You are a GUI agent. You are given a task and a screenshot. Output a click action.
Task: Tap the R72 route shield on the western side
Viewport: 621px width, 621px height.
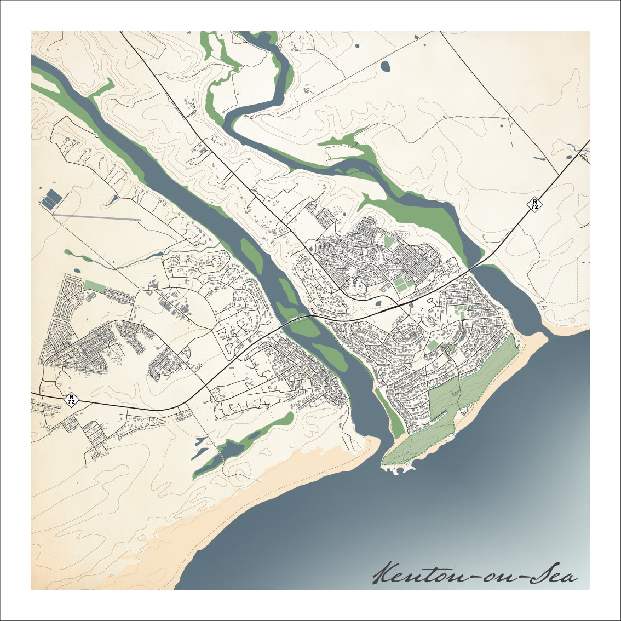(x=71, y=399)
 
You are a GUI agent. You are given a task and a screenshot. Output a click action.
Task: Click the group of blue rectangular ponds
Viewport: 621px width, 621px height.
(x=51, y=199)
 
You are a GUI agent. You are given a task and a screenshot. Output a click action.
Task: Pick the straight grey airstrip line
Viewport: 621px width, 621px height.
(x=96, y=217)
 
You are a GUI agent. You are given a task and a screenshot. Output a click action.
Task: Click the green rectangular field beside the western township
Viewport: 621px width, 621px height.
(x=94, y=286)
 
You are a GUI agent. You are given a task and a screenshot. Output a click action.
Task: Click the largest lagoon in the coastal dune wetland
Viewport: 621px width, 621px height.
(x=230, y=450)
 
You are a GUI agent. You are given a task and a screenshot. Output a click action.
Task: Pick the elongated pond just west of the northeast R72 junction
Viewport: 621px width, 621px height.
(x=539, y=159)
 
